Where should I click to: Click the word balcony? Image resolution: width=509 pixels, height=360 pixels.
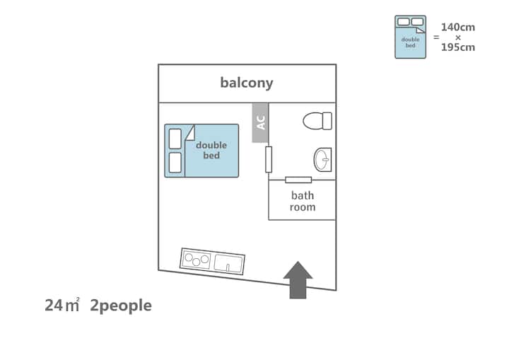(246, 83)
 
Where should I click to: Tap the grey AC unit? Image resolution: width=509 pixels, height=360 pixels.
(260, 122)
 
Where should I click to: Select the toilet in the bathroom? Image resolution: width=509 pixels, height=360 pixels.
(317, 121)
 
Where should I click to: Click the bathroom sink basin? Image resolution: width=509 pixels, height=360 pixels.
(322, 160)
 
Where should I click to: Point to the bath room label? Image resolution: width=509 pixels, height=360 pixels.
(303, 201)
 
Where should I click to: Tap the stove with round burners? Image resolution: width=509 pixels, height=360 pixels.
(197, 259)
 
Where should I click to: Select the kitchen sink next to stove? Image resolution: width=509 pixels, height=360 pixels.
(228, 264)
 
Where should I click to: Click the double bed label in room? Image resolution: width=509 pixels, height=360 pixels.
(211, 150)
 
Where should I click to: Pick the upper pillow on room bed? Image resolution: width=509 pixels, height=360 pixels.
(175, 139)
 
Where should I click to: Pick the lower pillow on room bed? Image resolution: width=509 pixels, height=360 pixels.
(175, 163)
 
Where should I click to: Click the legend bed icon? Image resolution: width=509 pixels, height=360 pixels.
(410, 37)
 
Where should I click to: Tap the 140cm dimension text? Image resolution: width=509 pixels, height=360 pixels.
(458, 27)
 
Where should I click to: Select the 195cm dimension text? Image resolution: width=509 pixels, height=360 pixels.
(458, 47)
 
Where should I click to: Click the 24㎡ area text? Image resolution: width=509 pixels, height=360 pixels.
(62, 306)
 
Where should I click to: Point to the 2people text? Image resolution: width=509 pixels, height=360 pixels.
(121, 306)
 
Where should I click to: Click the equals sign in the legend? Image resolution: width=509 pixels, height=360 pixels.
(436, 37)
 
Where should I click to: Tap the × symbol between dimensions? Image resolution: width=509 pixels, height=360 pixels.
(458, 37)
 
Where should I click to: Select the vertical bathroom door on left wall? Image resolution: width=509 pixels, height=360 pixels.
(269, 160)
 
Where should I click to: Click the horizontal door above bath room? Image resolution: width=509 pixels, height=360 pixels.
(298, 180)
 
